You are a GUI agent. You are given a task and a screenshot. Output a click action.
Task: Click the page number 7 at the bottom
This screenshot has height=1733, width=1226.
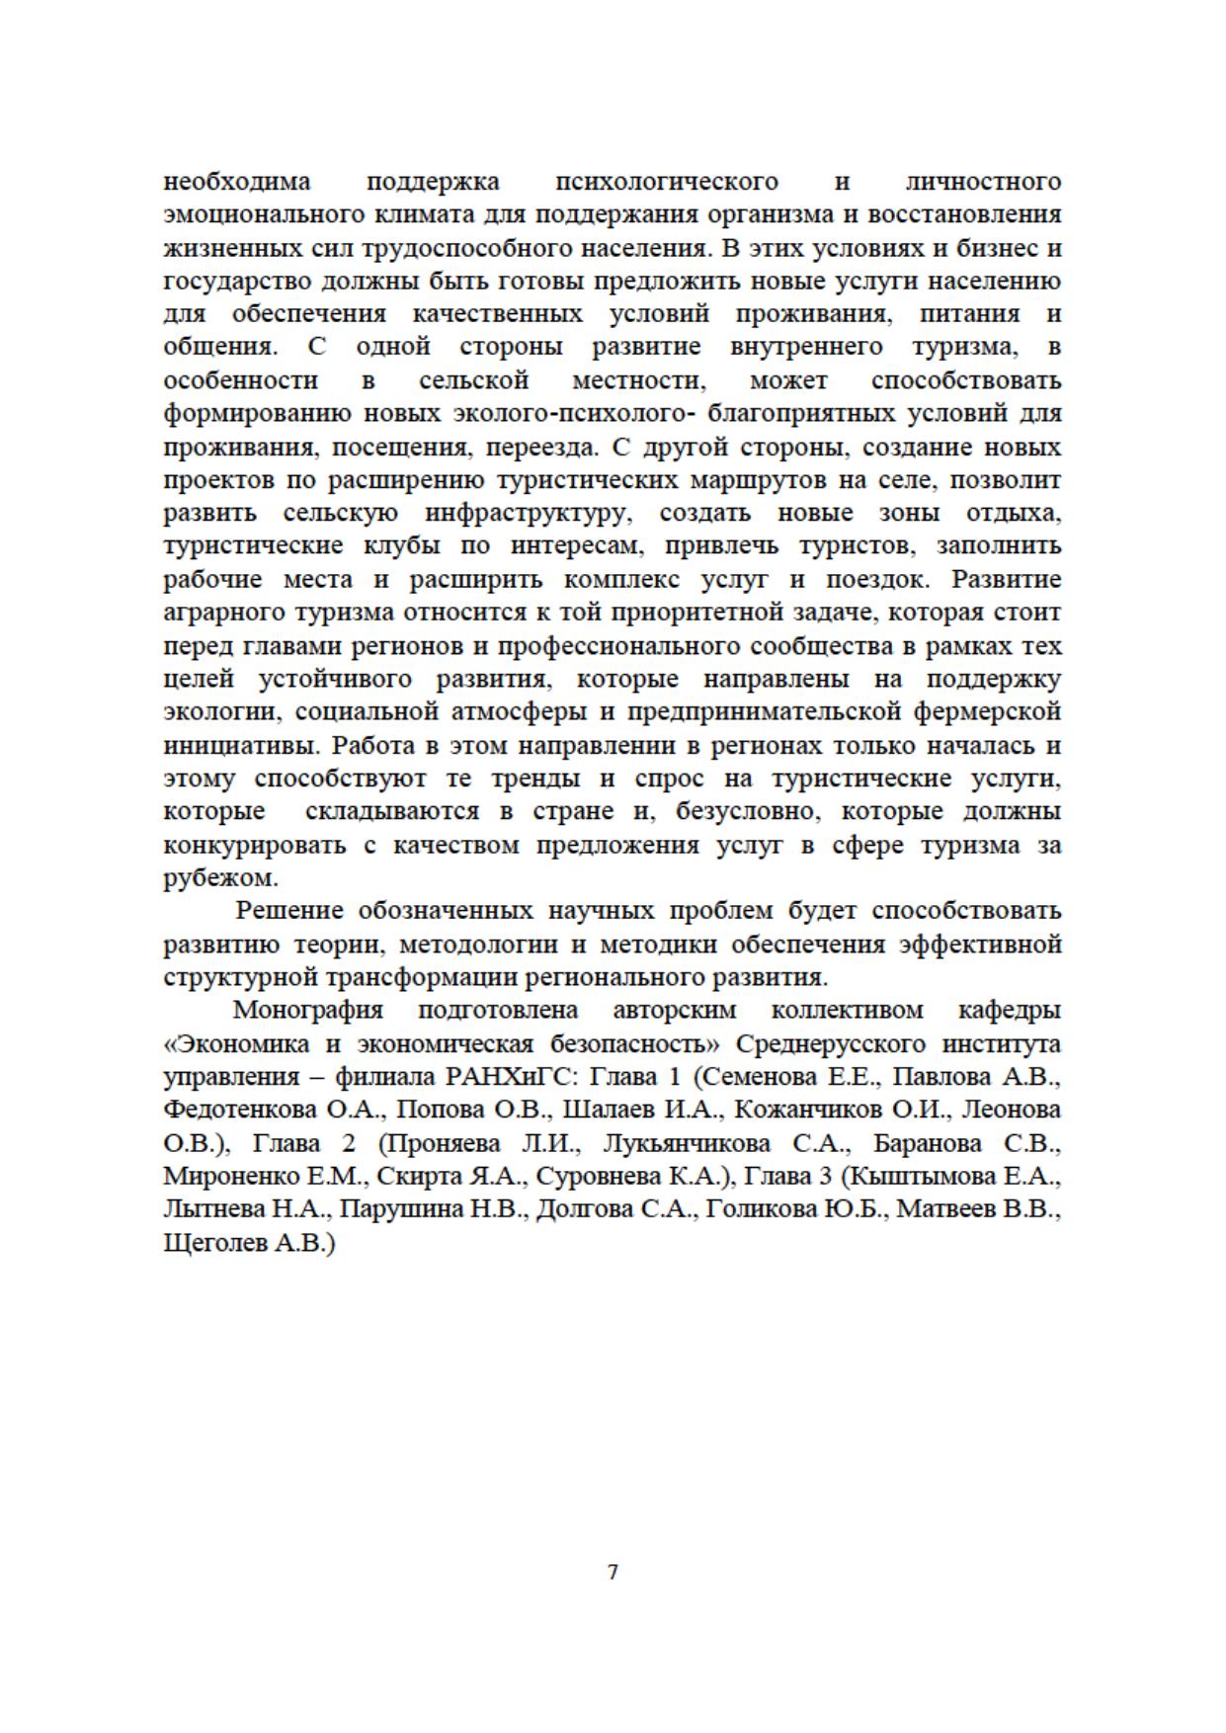613,1572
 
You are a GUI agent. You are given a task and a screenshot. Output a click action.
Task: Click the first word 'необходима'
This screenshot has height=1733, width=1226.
236,182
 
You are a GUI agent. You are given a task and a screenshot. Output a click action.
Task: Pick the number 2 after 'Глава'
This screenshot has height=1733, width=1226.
348,1144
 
